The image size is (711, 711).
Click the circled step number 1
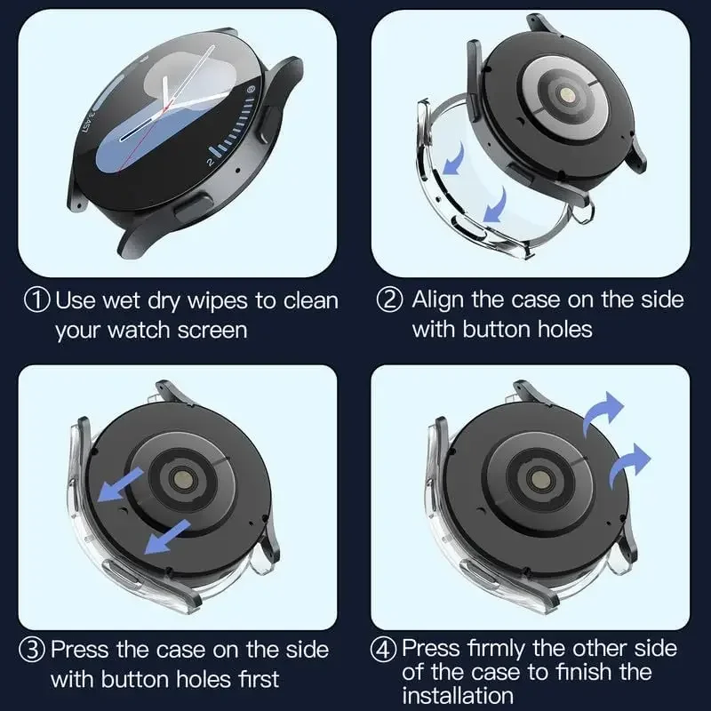36,300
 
